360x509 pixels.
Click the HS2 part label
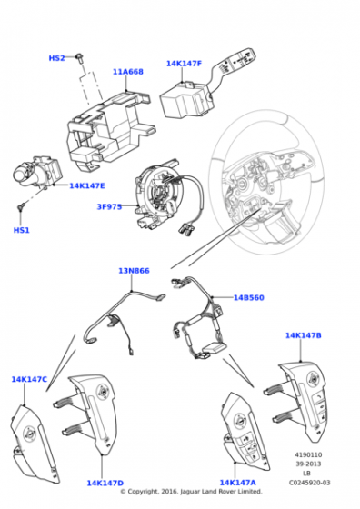(x=56, y=58)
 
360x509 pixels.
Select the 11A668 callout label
(x=128, y=72)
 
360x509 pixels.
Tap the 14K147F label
(x=184, y=64)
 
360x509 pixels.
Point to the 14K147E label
(x=87, y=185)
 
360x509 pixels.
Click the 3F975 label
(x=109, y=206)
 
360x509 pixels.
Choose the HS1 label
(x=22, y=230)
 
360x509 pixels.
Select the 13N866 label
(x=134, y=271)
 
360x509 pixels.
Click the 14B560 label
(x=249, y=297)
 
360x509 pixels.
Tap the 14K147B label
(x=304, y=335)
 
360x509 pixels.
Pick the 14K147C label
(x=29, y=379)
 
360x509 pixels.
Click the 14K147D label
(x=105, y=483)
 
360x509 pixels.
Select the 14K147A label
(x=237, y=483)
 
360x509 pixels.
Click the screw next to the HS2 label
(x=79, y=58)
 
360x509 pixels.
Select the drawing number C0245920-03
(x=309, y=483)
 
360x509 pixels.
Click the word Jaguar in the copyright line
(x=191, y=492)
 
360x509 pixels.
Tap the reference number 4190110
(x=308, y=454)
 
